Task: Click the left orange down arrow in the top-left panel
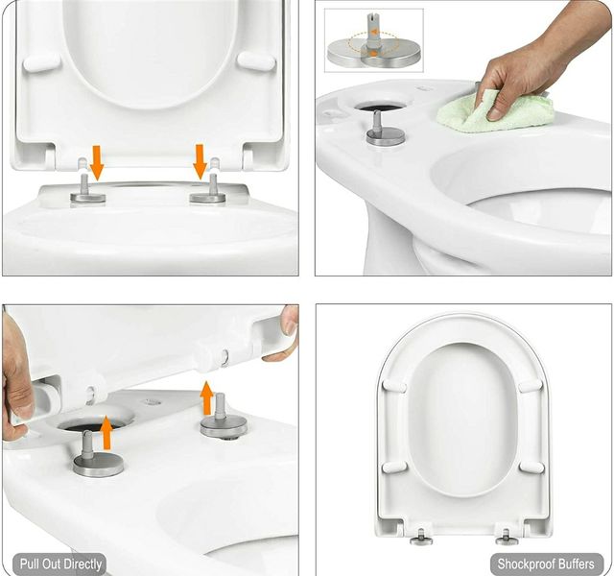pos(97,162)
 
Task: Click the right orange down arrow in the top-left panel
pos(201,162)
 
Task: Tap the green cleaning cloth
pos(496,111)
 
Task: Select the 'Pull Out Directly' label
pos(60,564)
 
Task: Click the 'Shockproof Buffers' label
pos(546,564)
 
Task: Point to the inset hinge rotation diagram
pos(374,40)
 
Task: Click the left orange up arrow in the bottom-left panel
pos(106,433)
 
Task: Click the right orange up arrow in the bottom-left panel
pos(206,397)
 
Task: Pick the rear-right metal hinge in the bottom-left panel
pos(224,417)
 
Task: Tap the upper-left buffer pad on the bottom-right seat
pos(394,386)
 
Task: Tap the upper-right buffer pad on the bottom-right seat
pos(531,386)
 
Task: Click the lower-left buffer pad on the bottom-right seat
pos(394,468)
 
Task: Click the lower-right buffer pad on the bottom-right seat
pos(531,468)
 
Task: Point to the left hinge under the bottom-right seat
pos(421,537)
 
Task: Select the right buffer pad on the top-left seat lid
pos(257,60)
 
